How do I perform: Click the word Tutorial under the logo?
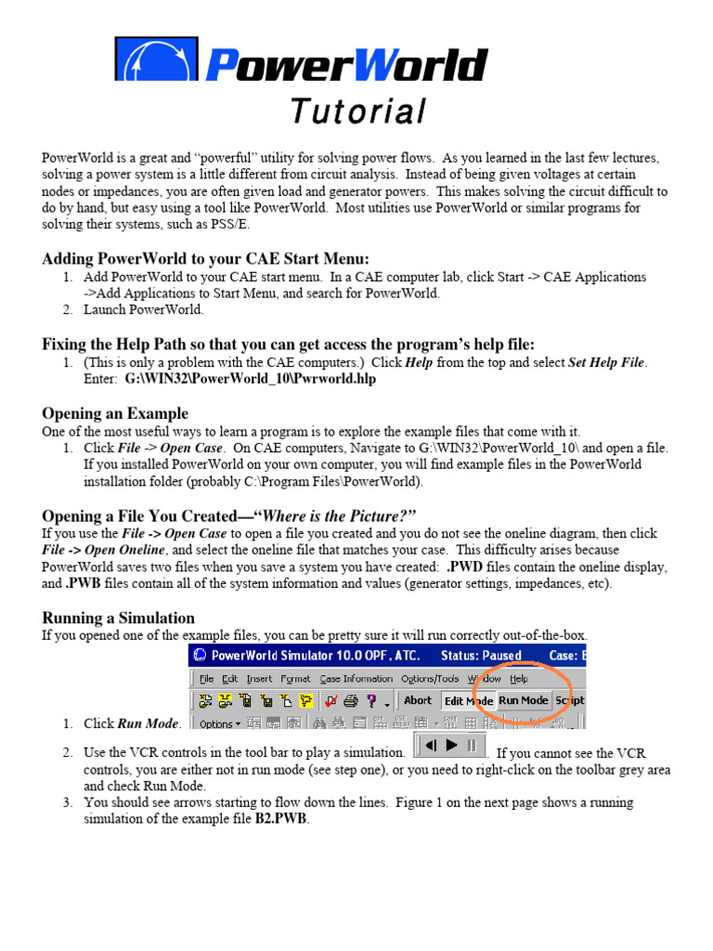coord(357,111)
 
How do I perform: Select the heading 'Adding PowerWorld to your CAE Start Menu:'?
coord(205,258)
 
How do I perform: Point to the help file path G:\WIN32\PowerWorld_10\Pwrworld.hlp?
coord(251,379)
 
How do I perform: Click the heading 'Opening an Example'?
coord(115,413)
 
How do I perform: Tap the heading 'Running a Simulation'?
coord(119,618)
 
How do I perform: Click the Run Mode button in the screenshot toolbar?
coord(524,700)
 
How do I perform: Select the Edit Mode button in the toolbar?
coord(467,700)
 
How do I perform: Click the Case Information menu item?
coord(356,679)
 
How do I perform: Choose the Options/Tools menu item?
coord(430,679)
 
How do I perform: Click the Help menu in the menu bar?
coord(518,679)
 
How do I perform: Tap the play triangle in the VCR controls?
coord(452,745)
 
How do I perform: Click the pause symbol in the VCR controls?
coord(472,745)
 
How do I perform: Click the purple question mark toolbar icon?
coord(371,701)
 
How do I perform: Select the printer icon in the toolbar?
coord(351,701)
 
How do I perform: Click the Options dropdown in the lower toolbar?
coord(219,723)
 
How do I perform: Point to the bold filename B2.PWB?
coord(281,820)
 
